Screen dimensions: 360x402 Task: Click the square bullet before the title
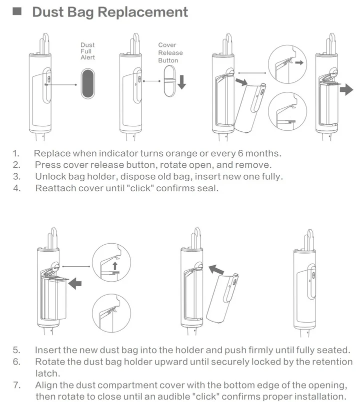pos(17,11)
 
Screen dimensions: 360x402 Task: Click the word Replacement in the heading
pos(143,12)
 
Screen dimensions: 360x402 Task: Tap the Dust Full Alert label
pos(87,51)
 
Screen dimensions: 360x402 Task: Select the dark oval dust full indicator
pos(88,83)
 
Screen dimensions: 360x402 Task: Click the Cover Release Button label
pos(170,52)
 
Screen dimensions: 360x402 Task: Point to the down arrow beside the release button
pos(182,82)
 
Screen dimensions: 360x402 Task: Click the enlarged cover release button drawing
pos(169,81)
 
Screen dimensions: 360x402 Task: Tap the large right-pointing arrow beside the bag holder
pos(346,89)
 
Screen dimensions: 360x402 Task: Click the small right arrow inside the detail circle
pos(299,62)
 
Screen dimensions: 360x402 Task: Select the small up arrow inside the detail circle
pos(115,266)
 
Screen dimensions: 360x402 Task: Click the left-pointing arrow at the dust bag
pos(75,283)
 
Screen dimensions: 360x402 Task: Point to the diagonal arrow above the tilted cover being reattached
pos(216,270)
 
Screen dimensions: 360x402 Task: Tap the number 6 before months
pos(240,153)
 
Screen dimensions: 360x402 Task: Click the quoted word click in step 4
pos(140,188)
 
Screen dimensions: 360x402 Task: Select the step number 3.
pos(16,177)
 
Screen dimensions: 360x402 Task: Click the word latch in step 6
pos(47,374)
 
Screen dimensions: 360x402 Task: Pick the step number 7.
pos(16,385)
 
